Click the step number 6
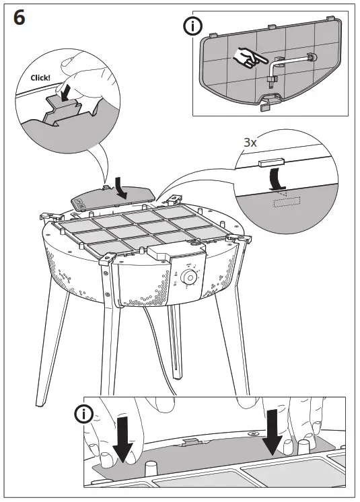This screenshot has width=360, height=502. coord(20,18)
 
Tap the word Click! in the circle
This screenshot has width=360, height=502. coord(40,77)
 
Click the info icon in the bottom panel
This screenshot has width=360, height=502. coord(84,414)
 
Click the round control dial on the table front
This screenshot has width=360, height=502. coord(189,277)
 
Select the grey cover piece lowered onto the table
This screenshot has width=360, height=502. coord(111,199)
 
